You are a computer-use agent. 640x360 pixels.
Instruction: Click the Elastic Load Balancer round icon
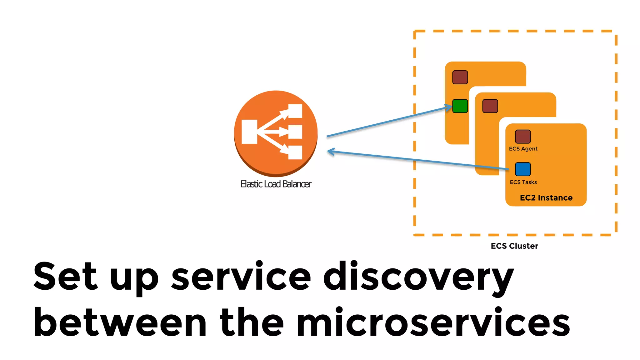(276, 133)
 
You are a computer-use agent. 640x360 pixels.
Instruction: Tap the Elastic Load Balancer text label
(276, 184)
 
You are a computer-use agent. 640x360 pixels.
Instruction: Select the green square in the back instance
(460, 106)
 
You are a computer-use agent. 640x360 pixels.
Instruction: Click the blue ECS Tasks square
(523, 169)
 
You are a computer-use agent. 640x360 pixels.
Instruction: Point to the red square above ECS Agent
(523, 137)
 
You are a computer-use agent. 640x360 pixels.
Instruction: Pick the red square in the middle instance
(490, 106)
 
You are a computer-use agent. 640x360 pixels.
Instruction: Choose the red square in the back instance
(460, 77)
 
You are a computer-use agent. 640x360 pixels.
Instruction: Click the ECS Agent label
(523, 149)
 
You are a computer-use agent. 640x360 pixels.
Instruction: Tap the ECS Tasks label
(523, 182)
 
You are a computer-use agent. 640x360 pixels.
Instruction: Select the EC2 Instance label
(546, 198)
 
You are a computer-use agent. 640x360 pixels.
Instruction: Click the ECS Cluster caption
(514, 246)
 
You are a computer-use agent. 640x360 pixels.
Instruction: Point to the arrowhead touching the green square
(449, 107)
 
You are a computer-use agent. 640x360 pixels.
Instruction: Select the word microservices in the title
(433, 322)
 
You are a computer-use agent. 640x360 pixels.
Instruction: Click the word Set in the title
(65, 276)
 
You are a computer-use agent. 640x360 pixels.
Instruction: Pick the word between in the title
(120, 322)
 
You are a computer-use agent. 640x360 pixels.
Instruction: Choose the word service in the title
(241, 277)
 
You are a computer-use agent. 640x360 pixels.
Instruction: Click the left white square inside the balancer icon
(249, 132)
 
